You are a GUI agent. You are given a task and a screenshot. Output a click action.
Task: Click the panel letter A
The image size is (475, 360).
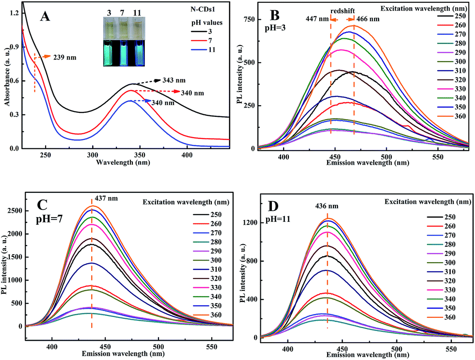(x=45, y=16)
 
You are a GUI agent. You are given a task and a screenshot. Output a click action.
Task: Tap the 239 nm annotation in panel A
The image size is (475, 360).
(x=65, y=57)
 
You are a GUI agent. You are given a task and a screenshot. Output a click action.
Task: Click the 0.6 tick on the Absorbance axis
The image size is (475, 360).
(x=15, y=81)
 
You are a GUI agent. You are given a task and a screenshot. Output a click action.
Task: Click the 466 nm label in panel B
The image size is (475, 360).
(x=368, y=19)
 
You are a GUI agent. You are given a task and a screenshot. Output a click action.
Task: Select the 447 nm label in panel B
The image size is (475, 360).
(x=317, y=19)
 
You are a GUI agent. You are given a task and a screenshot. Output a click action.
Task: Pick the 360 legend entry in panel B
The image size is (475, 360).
(x=451, y=116)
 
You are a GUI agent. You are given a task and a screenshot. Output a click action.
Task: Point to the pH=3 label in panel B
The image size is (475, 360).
(x=275, y=29)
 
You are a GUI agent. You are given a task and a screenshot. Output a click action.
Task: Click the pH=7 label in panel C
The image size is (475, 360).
(x=49, y=219)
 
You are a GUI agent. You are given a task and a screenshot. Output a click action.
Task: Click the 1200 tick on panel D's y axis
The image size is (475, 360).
(x=251, y=223)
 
